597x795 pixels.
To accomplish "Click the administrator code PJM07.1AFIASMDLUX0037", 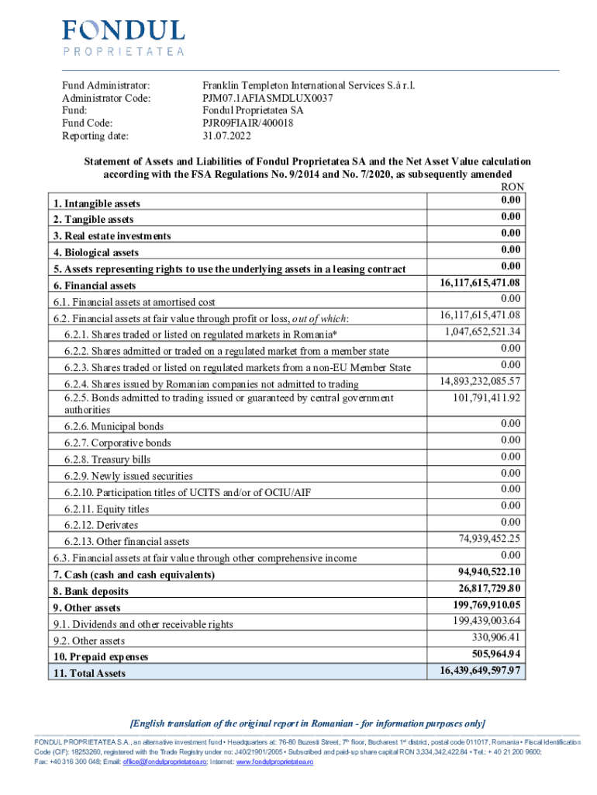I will [267, 98].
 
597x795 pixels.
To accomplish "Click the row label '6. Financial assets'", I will [95, 286].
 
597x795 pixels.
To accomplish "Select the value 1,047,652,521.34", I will [481, 332].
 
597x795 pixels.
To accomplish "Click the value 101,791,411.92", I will [486, 398].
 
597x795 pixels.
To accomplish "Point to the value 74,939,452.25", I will [490, 539].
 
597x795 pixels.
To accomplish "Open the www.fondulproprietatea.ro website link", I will [274, 763].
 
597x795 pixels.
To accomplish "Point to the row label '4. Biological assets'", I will [95, 252].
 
